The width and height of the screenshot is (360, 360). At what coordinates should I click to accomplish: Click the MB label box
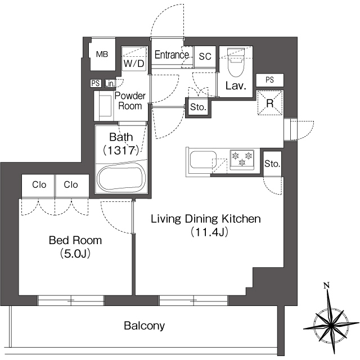point(102,55)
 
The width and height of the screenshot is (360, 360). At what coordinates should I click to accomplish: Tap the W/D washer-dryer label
point(134,64)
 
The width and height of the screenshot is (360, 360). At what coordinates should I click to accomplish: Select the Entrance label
point(172,55)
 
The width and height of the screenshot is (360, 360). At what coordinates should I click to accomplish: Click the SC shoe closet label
point(205,56)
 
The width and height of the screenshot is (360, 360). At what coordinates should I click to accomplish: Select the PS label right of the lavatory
point(270,80)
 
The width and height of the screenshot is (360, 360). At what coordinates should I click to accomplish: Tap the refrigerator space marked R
point(269,103)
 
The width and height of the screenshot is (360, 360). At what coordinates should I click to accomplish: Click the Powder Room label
point(130,101)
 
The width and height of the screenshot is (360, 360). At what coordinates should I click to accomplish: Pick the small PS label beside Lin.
point(95,84)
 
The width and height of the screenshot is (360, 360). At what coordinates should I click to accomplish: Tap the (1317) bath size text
point(121,150)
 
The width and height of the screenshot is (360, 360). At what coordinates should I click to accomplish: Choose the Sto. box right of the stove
point(272,164)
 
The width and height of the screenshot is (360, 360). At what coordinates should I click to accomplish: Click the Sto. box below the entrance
point(197,107)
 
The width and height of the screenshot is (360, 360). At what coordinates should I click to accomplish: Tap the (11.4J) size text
point(206,231)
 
